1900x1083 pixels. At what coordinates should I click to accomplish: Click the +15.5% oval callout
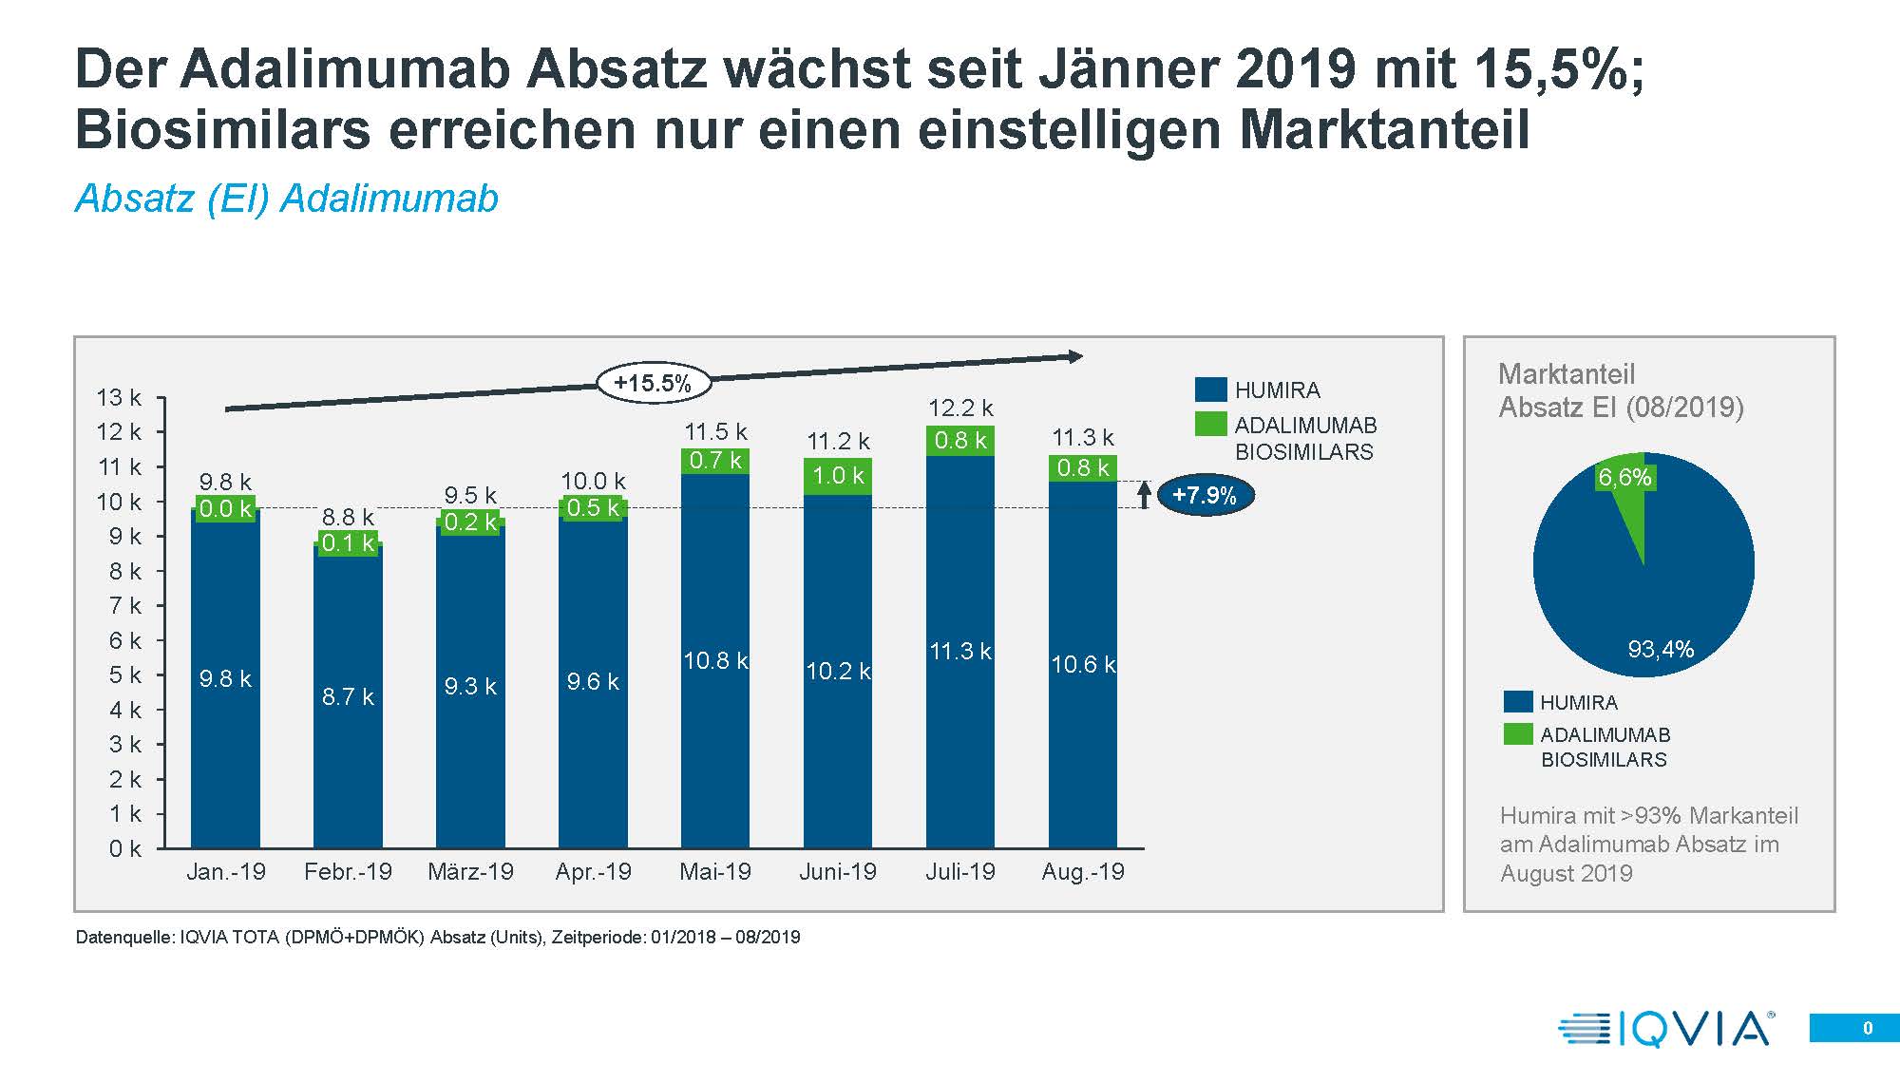click(654, 384)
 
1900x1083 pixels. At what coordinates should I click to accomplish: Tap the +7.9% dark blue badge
click(1205, 495)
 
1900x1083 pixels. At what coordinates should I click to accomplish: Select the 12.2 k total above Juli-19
click(960, 408)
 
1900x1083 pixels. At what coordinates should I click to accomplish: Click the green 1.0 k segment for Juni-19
click(838, 476)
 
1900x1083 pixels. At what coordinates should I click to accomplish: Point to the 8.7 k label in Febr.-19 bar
click(348, 696)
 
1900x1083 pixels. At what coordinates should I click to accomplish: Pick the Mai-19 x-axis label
click(715, 872)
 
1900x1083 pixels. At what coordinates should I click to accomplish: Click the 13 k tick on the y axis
click(119, 398)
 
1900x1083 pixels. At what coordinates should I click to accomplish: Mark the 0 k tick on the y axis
click(124, 848)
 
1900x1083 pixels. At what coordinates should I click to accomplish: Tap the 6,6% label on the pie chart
click(1624, 478)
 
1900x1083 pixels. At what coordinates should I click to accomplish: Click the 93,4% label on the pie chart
click(1661, 649)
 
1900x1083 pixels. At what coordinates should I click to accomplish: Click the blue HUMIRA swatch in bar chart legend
click(1210, 389)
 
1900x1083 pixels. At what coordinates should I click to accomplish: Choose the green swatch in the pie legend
click(1518, 734)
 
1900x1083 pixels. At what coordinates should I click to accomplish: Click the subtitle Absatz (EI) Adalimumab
click(287, 199)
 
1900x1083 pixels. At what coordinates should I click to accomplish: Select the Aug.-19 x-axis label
click(1083, 872)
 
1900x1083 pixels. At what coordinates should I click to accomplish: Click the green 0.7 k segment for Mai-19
click(715, 461)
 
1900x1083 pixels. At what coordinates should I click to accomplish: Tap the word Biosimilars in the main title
click(223, 129)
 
